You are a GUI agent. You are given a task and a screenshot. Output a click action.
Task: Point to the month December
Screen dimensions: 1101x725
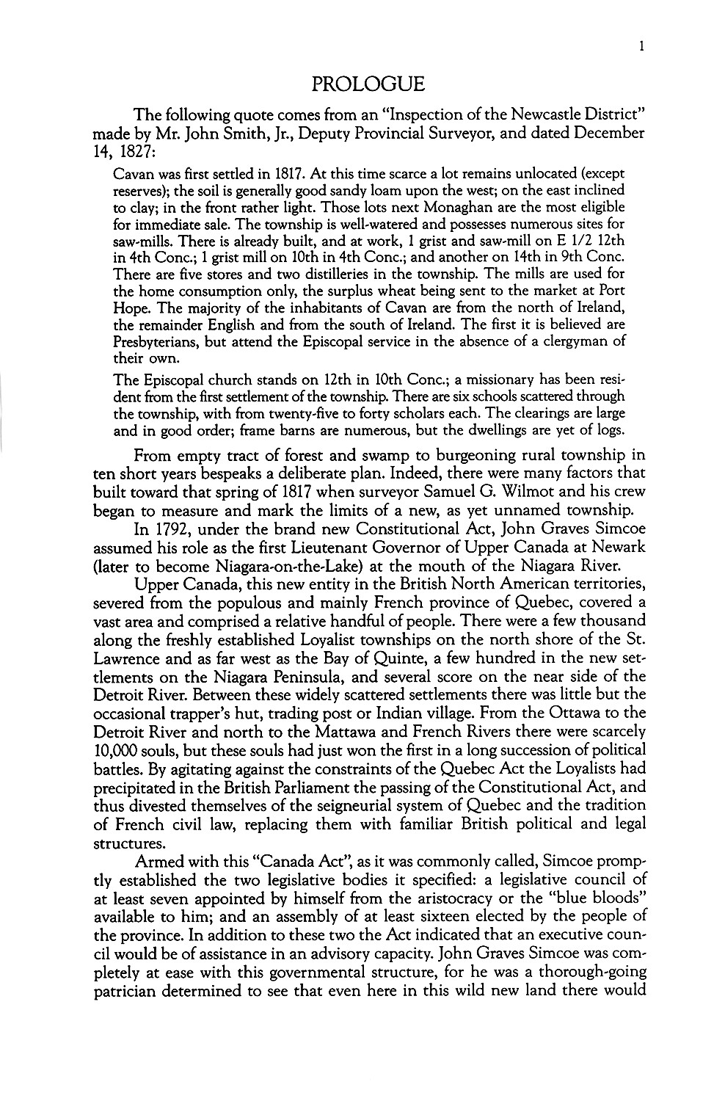point(603,134)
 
